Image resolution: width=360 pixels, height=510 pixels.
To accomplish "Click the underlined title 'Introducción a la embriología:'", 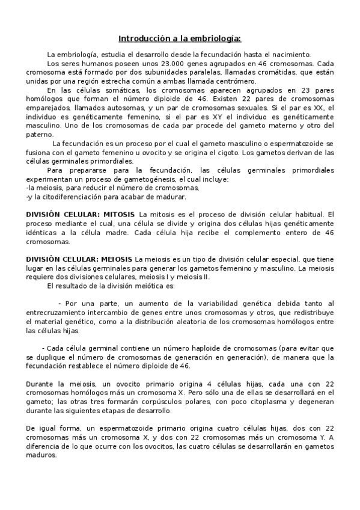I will (x=180, y=38).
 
